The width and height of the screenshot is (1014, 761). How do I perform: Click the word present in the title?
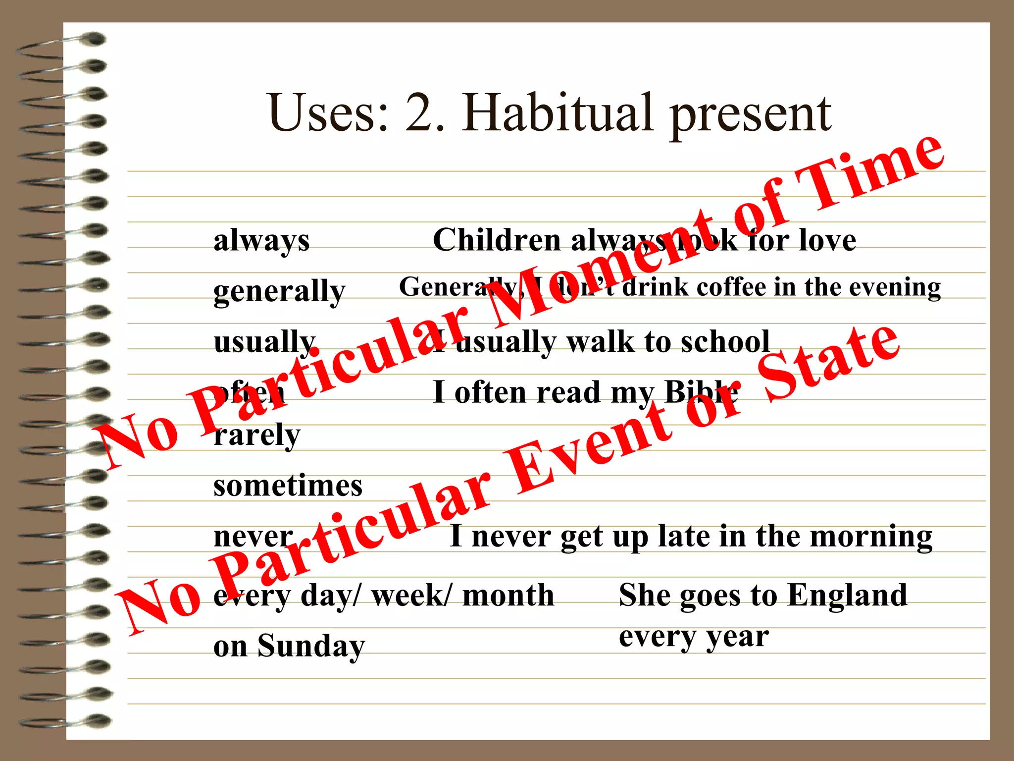pos(751,116)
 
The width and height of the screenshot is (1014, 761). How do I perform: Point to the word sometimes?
pos(288,486)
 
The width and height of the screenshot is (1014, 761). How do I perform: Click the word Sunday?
pos(311,647)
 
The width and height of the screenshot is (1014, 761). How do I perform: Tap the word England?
pos(847,595)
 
